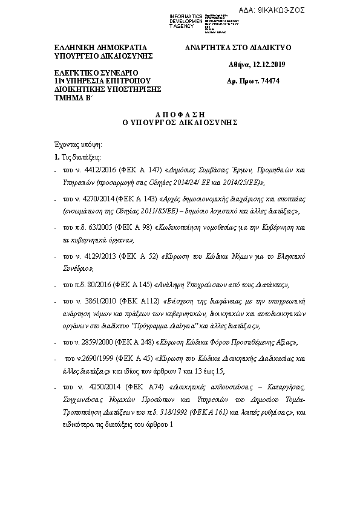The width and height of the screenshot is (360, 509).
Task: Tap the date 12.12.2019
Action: point(269,64)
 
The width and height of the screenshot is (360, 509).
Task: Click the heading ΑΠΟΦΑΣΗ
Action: point(180,114)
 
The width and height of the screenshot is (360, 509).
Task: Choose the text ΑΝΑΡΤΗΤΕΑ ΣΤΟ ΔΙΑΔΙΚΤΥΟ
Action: point(238,47)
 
